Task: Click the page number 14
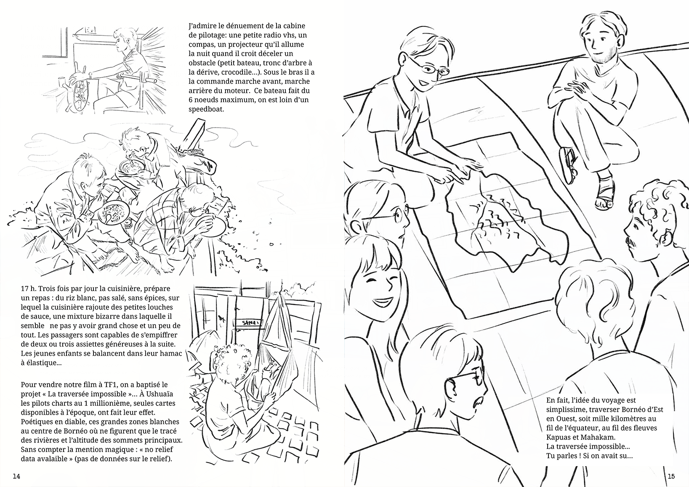coord(16,476)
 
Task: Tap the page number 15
coord(671,476)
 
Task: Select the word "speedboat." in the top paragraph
coord(206,109)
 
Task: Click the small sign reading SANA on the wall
coord(248,323)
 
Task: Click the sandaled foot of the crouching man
coord(605,193)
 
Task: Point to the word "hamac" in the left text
coord(170,353)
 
